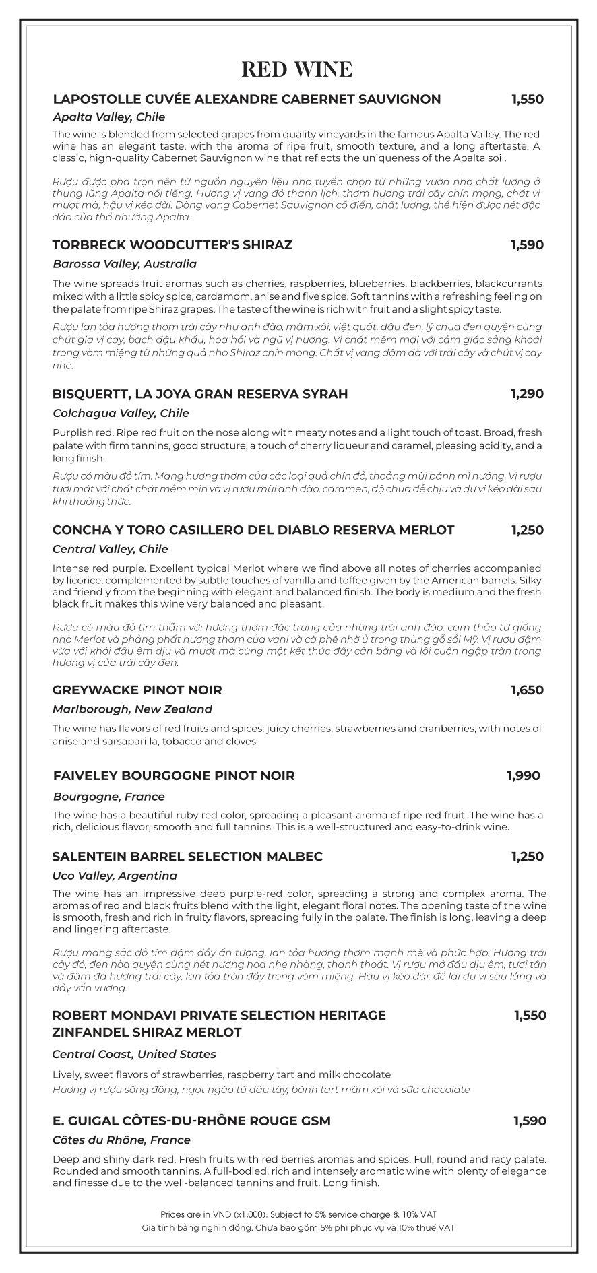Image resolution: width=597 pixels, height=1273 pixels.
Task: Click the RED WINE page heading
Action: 297,69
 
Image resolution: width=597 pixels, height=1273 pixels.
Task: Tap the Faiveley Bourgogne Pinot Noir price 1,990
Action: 523,776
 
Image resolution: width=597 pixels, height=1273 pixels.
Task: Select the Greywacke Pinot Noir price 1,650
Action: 527,690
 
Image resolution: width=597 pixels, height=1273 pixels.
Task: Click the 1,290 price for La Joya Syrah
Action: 527,393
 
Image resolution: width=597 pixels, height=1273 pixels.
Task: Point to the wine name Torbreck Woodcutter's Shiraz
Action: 172,244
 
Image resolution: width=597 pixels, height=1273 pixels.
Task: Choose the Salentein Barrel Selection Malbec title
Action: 187,856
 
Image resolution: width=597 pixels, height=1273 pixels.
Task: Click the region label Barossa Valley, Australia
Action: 125,264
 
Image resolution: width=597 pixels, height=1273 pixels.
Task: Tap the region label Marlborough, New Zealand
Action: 132,709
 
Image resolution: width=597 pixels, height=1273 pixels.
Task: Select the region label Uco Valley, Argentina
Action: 115,876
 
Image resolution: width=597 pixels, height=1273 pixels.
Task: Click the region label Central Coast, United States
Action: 134,1054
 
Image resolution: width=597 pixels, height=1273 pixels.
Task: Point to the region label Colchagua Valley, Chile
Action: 121,413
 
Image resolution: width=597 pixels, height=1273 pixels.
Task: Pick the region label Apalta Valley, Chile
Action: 108,117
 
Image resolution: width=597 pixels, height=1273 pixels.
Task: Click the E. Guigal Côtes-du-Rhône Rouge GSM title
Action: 191,1121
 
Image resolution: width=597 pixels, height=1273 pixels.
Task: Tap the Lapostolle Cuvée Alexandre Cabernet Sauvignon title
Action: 247,99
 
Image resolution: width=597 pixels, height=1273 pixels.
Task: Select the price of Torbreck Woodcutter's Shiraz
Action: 527,244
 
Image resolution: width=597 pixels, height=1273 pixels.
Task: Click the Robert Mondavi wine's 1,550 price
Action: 530,1015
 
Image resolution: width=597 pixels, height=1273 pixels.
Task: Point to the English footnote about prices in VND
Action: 298,1214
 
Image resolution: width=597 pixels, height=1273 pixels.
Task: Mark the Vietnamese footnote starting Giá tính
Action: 298,1228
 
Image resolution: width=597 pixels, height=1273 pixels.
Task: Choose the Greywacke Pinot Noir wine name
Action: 137,690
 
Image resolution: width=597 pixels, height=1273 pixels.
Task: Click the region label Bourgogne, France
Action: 108,796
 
